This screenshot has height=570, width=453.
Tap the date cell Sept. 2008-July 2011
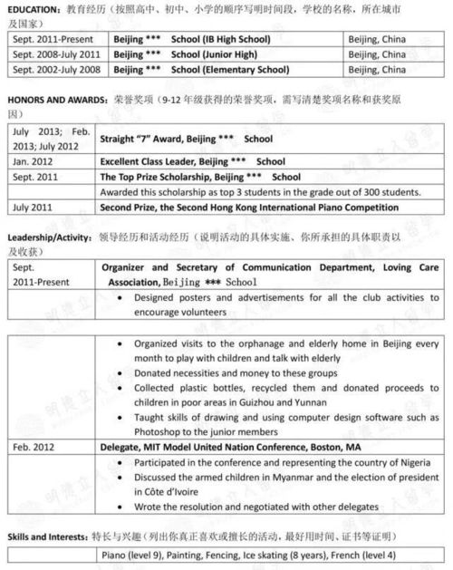[54, 54]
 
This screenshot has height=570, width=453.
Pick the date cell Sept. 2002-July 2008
[54, 69]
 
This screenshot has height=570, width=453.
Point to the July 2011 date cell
[34, 207]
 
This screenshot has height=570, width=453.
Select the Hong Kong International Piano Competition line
[248, 207]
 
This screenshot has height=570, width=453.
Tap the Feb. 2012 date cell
[34, 447]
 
